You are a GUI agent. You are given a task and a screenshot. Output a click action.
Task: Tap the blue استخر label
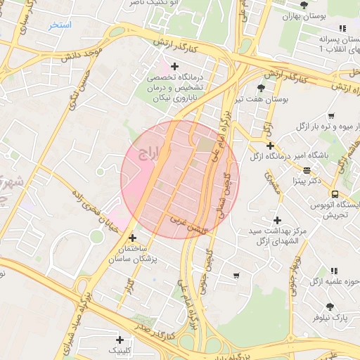[60, 25]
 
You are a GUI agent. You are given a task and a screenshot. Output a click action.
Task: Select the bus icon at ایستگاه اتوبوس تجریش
[335, 194]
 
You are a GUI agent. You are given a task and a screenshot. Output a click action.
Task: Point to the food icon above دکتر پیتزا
[307, 170]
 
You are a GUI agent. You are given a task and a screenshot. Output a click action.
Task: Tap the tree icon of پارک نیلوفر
[330, 306]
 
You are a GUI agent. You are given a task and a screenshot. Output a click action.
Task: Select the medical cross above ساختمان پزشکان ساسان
[132, 238]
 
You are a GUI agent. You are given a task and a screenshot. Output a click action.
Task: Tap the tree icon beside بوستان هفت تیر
[262, 88]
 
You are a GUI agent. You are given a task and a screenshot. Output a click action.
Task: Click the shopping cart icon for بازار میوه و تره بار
[331, 115]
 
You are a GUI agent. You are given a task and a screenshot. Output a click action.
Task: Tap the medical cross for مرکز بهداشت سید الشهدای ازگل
[278, 220]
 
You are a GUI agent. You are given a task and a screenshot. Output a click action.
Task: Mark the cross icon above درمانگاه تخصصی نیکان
[175, 66]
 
